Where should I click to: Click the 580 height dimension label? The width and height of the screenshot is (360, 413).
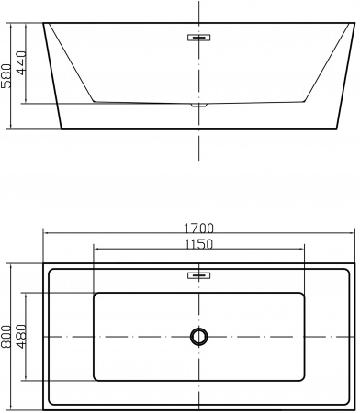(x=6, y=76)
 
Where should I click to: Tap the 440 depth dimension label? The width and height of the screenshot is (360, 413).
(x=21, y=62)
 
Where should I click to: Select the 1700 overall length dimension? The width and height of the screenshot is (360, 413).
(x=198, y=229)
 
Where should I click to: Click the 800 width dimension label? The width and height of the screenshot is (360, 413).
(x=6, y=337)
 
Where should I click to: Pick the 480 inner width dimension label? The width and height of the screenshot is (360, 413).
(x=21, y=337)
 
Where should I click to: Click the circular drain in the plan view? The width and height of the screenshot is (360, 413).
(x=199, y=337)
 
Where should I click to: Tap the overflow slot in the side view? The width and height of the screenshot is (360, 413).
(x=199, y=38)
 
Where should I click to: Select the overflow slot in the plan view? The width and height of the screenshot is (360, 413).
(x=199, y=275)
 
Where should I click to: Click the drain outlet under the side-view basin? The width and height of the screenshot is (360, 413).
(x=199, y=105)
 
